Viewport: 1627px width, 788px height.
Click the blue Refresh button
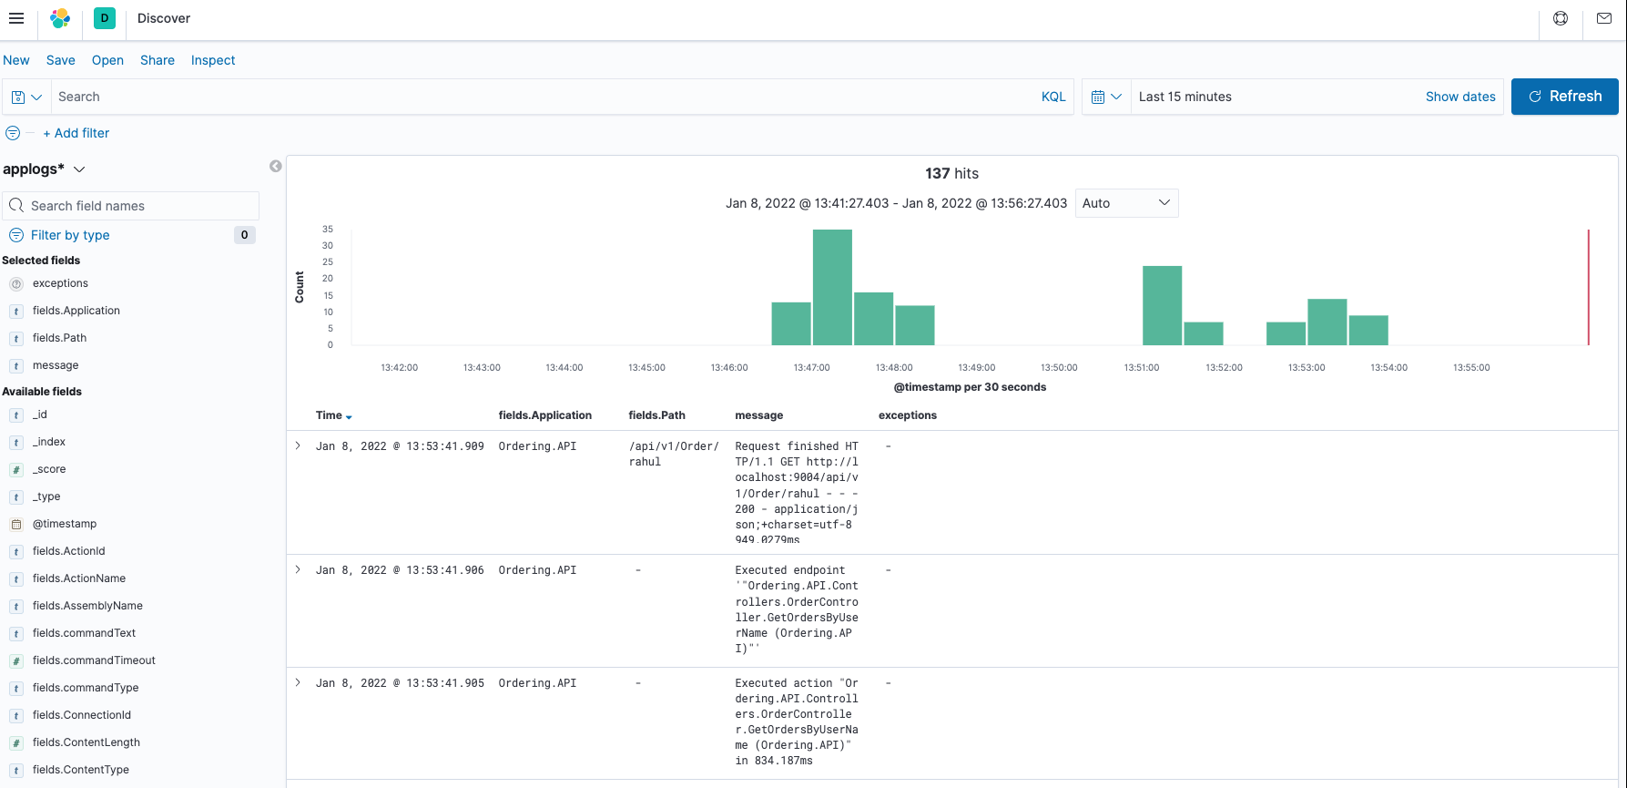(1564, 97)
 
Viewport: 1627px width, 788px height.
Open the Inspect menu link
(213, 60)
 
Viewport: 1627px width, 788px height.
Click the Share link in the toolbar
(158, 60)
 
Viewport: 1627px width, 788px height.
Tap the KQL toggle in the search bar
(1053, 97)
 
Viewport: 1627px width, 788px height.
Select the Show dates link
(1460, 97)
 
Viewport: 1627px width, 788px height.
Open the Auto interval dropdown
(1126, 203)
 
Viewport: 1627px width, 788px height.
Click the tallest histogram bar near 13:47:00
(832, 287)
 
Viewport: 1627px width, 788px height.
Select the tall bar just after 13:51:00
(1162, 305)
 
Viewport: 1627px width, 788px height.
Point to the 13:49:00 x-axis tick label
(977, 368)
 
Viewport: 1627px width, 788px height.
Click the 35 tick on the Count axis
(328, 230)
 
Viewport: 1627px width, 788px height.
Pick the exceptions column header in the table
(907, 415)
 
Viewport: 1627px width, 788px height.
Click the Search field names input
(132, 206)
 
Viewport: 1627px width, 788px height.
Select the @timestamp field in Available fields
(65, 524)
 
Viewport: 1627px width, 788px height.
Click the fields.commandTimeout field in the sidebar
(94, 660)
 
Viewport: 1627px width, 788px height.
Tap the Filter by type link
(70, 235)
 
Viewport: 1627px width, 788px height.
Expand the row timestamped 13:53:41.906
(298, 570)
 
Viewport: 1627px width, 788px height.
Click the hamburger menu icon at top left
(16, 18)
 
